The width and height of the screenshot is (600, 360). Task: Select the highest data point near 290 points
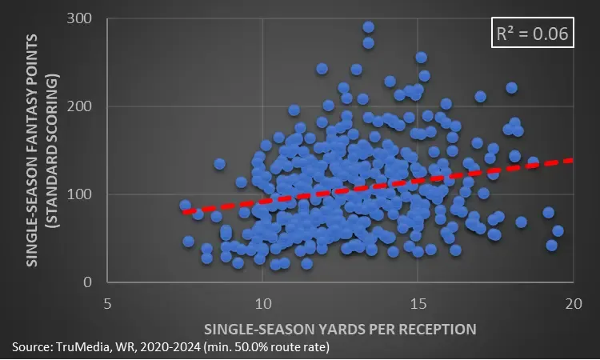click(368, 27)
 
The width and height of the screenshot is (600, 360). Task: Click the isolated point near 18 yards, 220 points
click(512, 88)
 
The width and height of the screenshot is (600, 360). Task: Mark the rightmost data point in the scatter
click(558, 231)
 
